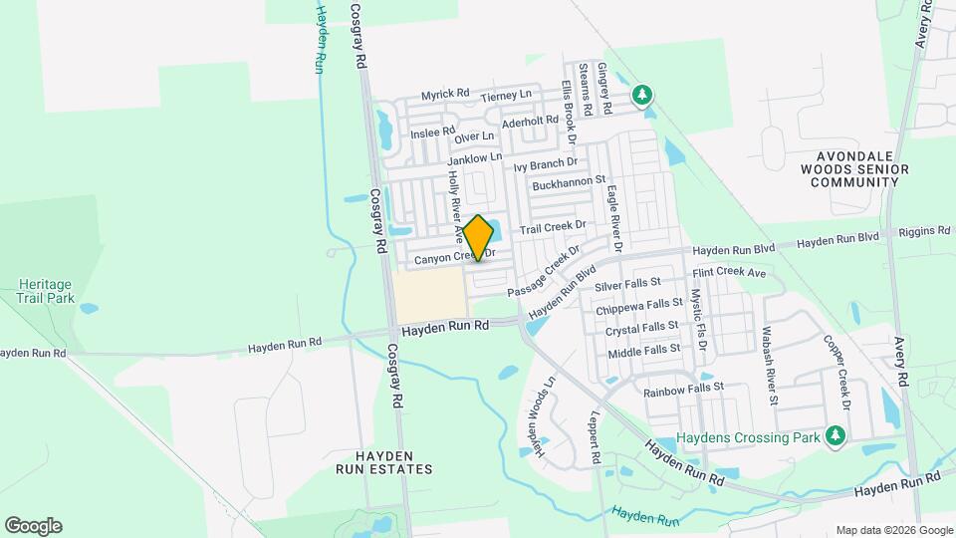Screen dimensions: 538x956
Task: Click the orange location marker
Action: [x=478, y=237]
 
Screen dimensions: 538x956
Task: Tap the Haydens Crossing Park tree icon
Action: [x=835, y=435]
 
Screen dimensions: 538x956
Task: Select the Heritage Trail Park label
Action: [x=46, y=290]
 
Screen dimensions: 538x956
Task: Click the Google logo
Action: [x=33, y=526]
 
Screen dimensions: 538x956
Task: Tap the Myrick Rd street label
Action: [x=445, y=94]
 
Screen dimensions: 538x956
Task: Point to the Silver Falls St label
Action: [x=627, y=286]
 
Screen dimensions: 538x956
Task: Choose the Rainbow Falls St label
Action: [x=682, y=391]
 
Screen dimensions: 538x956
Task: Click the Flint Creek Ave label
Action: [x=729, y=272]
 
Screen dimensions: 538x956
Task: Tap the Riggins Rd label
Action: [x=924, y=231]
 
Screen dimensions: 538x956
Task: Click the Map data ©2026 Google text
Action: [x=893, y=530]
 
